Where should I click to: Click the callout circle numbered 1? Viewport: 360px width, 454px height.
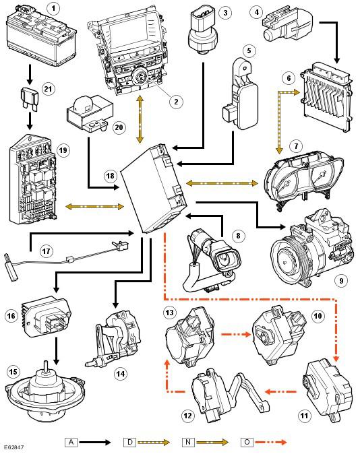tap(53, 9)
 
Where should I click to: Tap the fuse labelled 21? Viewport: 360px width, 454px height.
tap(29, 99)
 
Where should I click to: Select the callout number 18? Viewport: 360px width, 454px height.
tap(110, 176)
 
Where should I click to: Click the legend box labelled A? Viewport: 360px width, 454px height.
tap(71, 442)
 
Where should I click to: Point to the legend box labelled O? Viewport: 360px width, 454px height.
tap(247, 442)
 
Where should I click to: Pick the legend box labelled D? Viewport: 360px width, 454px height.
tap(130, 442)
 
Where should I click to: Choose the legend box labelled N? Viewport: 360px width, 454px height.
tap(188, 442)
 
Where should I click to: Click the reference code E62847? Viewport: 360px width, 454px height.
tap(14, 447)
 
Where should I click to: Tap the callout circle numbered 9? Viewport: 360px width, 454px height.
tap(341, 280)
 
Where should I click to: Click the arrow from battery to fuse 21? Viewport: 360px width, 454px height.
tap(30, 74)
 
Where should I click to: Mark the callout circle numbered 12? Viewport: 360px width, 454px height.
tap(187, 416)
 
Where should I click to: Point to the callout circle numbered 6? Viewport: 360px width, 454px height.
tap(289, 78)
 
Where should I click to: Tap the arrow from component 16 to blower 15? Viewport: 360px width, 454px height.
tap(56, 351)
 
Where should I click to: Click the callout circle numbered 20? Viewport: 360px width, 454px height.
tap(119, 127)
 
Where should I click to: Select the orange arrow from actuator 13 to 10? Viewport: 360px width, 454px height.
tap(236, 334)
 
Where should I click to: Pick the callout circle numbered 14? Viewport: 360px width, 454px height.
tap(120, 374)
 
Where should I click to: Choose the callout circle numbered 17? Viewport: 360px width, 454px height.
tap(47, 251)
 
